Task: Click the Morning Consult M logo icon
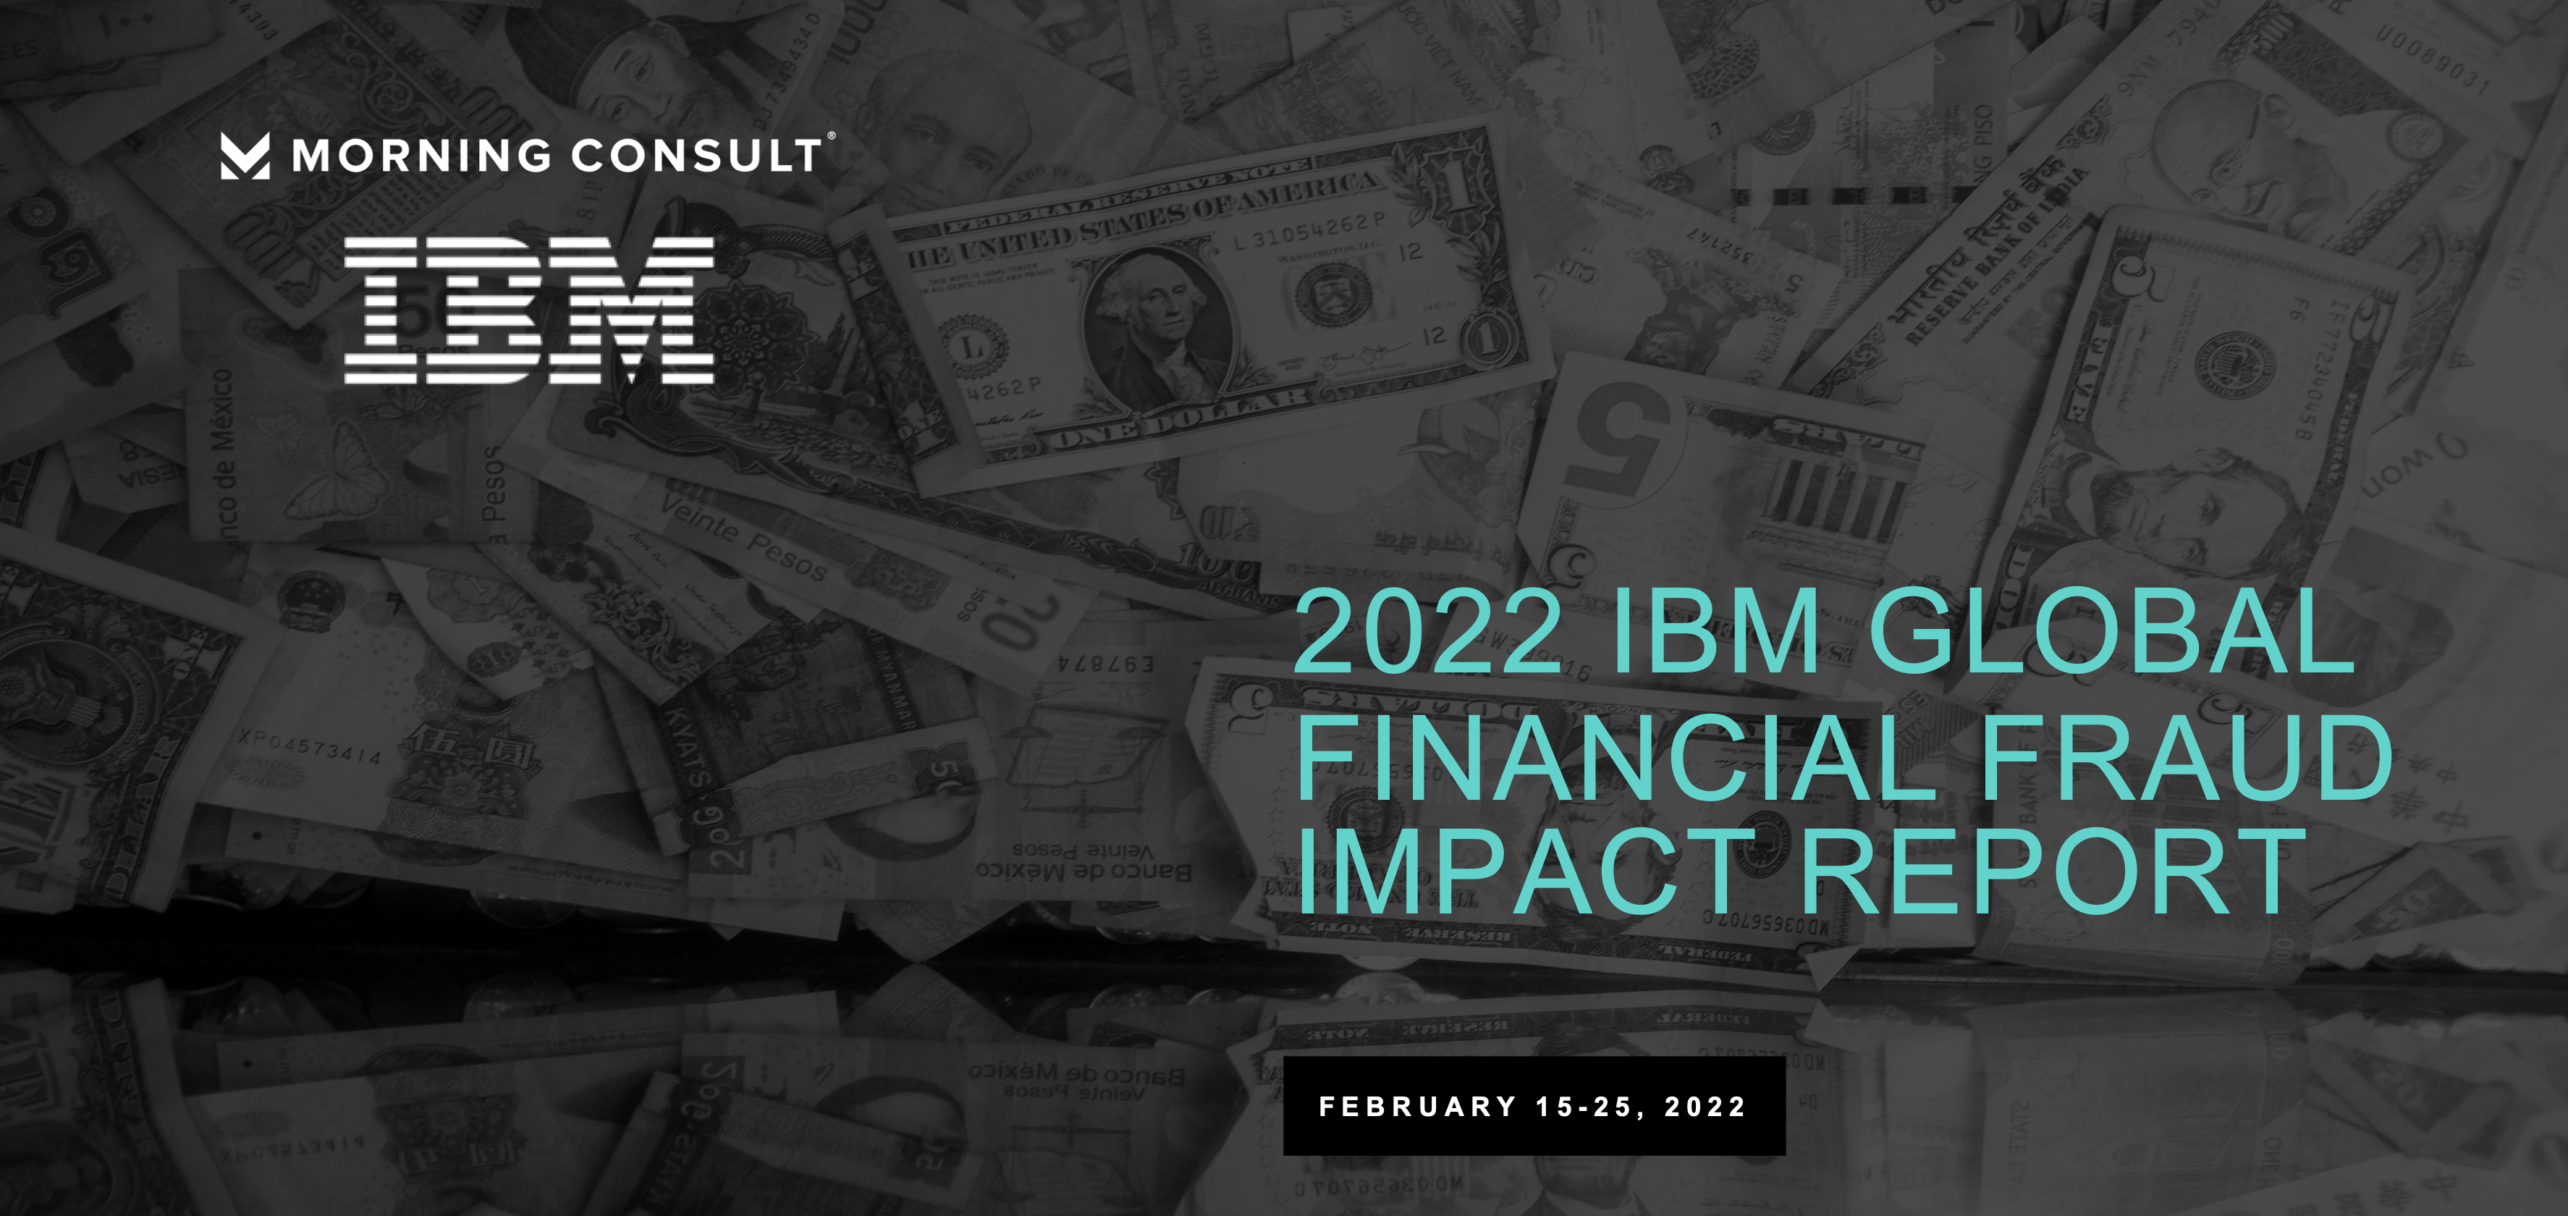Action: click(x=244, y=156)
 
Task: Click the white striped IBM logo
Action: click(x=528, y=310)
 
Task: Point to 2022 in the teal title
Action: click(x=1427, y=632)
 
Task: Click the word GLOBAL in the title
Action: click(x=2111, y=632)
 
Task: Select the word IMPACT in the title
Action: click(x=1525, y=871)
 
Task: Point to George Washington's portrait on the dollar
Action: click(x=1157, y=324)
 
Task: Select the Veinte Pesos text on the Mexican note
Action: click(x=743, y=536)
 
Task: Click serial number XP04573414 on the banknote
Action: click(x=309, y=746)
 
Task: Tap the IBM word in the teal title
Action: click(x=1715, y=632)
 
